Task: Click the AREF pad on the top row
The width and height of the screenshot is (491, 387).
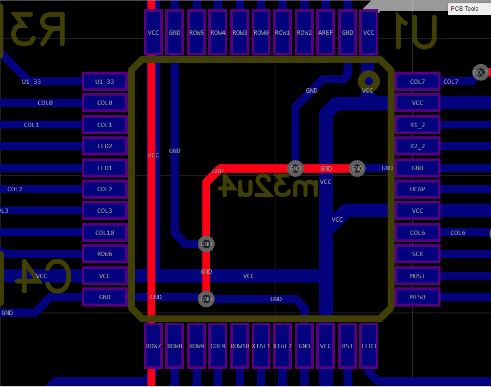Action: tap(325, 33)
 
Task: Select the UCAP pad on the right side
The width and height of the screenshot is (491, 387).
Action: tap(417, 189)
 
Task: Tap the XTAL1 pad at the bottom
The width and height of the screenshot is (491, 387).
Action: tap(261, 346)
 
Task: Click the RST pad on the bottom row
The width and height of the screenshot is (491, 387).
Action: tap(347, 346)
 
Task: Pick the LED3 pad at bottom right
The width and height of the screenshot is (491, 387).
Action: tap(369, 346)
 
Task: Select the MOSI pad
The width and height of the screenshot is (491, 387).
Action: tap(417, 276)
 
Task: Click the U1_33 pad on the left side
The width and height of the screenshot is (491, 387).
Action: tap(104, 81)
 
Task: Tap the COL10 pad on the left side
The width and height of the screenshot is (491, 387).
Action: tap(104, 232)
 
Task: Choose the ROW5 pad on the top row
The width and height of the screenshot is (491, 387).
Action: tap(196, 33)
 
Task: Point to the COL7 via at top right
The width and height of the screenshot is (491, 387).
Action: tap(480, 72)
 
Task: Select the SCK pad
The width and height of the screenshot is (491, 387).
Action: tap(417, 254)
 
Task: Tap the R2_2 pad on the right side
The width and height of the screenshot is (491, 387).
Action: tap(417, 146)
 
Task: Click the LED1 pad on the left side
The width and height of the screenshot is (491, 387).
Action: tap(104, 168)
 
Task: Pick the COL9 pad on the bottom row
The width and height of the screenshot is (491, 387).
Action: tap(218, 346)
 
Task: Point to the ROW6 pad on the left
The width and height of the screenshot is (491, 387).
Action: tap(104, 254)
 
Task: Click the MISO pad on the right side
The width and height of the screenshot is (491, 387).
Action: tap(417, 297)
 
